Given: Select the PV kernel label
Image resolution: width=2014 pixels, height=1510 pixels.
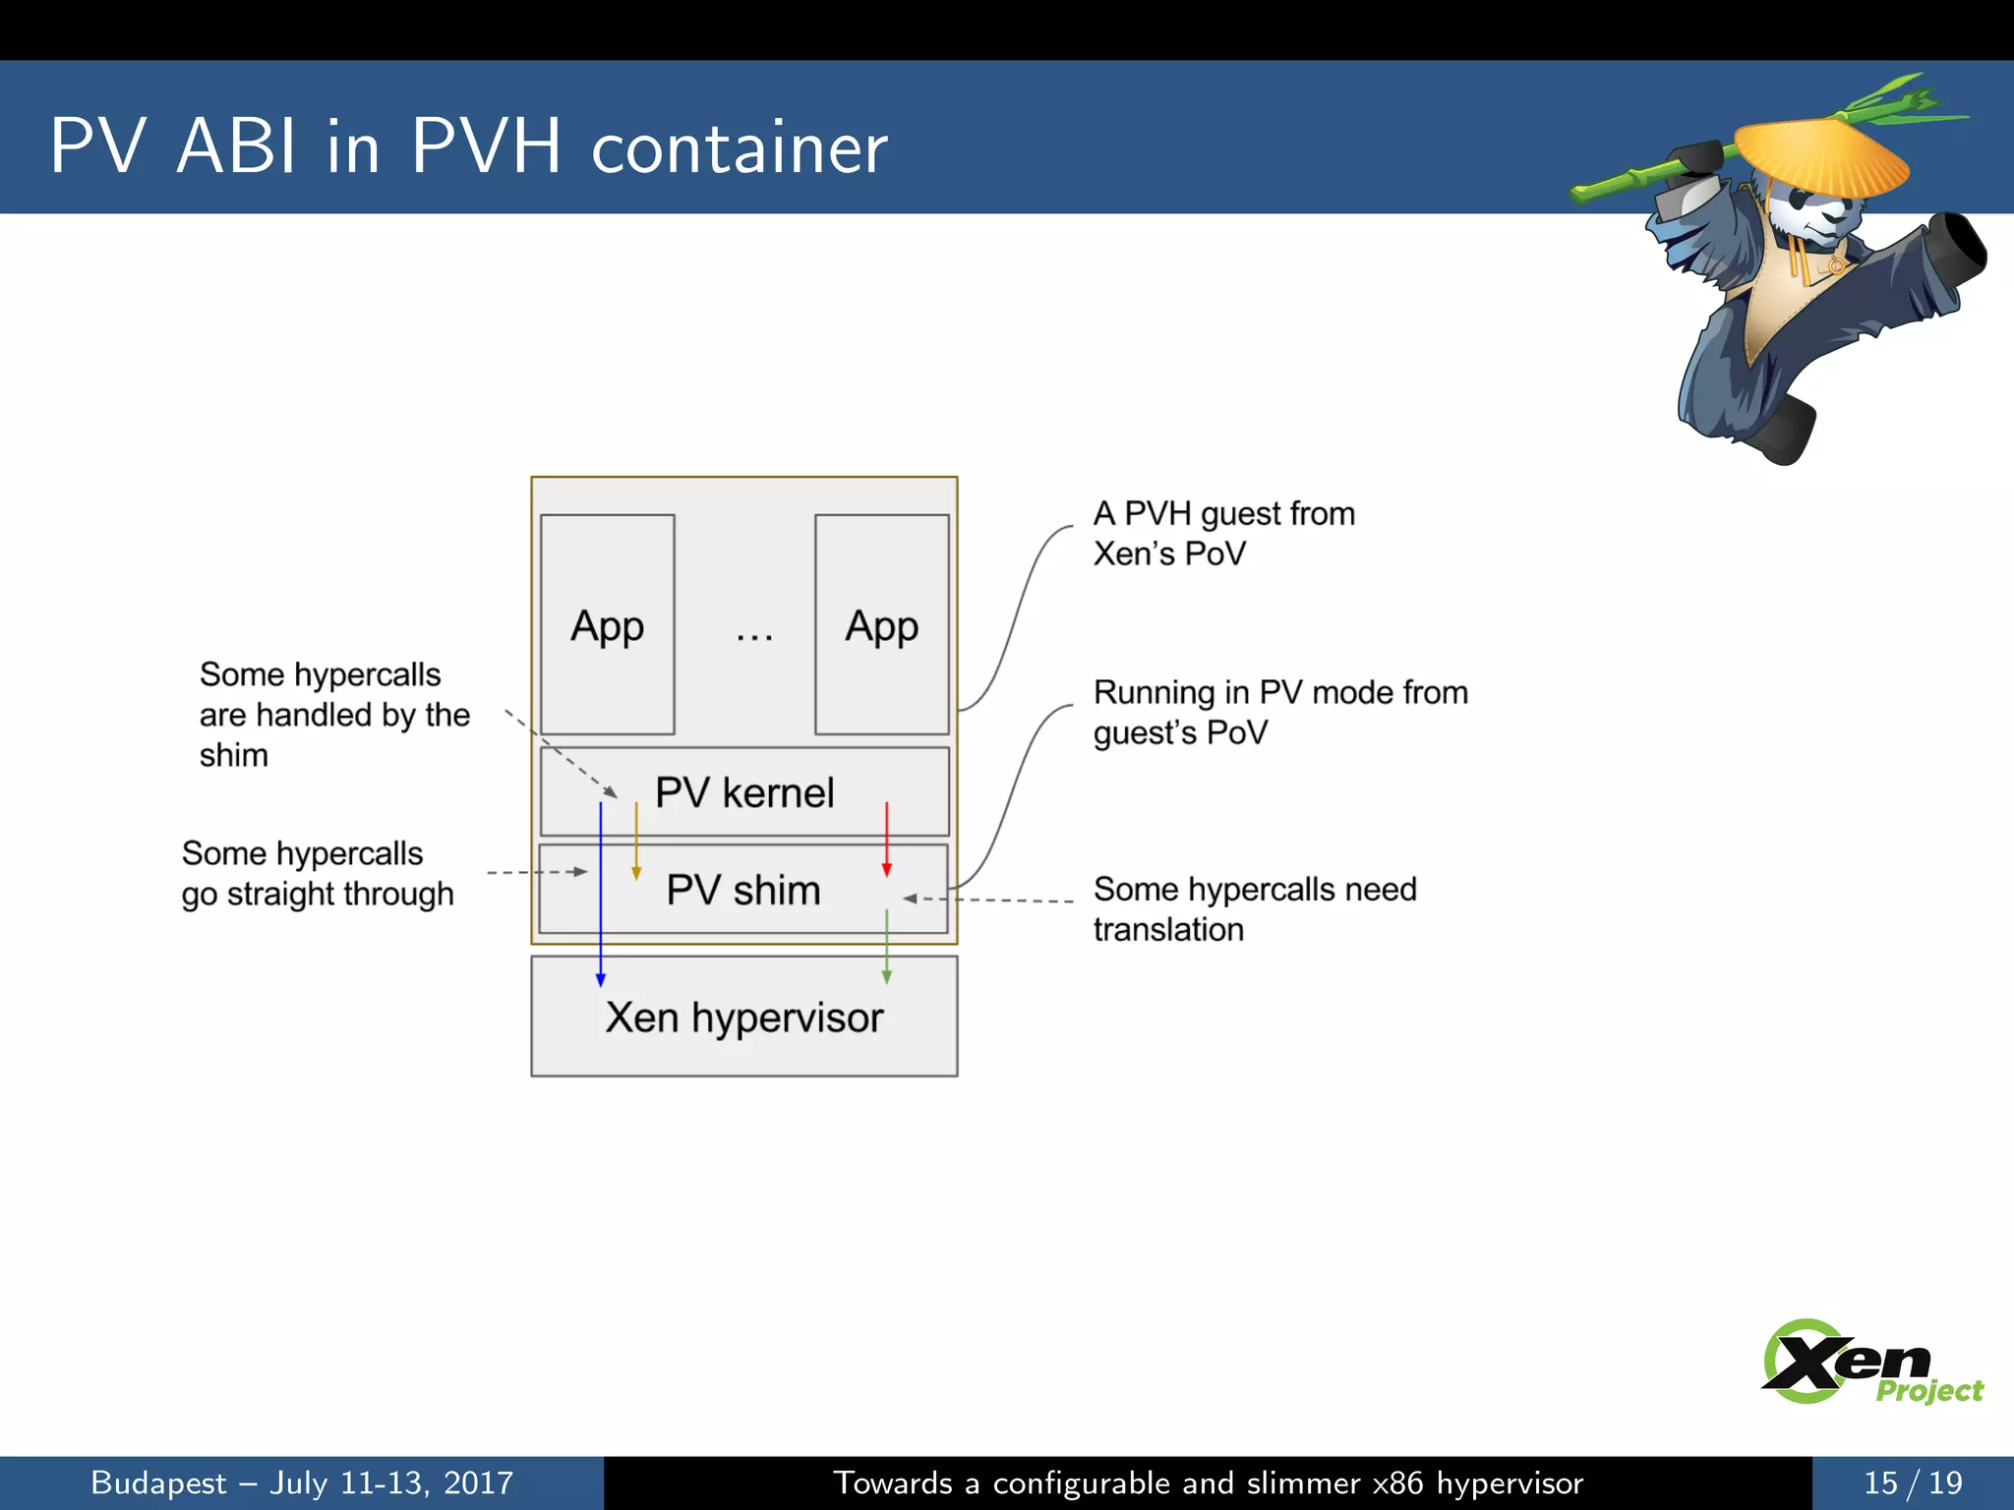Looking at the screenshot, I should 744,792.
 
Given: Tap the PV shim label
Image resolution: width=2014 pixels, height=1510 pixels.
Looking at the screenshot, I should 743,890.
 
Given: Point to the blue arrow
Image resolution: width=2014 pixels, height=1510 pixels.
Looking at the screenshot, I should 601,895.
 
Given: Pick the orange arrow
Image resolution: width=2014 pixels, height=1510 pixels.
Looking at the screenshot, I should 636,841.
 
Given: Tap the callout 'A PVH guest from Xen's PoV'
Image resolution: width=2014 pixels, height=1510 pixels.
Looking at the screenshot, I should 1223,533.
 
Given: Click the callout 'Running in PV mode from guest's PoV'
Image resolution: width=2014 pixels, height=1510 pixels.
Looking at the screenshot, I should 1279,712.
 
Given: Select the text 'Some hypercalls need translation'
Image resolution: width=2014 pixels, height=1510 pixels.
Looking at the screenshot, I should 1254,908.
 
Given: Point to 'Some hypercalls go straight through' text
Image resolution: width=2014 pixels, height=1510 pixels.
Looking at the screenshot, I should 317,873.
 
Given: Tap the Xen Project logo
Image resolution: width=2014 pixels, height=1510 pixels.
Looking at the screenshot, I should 1868,1363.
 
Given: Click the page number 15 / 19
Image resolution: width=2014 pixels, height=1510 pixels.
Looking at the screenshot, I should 1912,1482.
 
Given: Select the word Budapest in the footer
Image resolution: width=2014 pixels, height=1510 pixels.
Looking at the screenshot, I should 158,1482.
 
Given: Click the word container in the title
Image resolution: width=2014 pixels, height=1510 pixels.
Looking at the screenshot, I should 740,147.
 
